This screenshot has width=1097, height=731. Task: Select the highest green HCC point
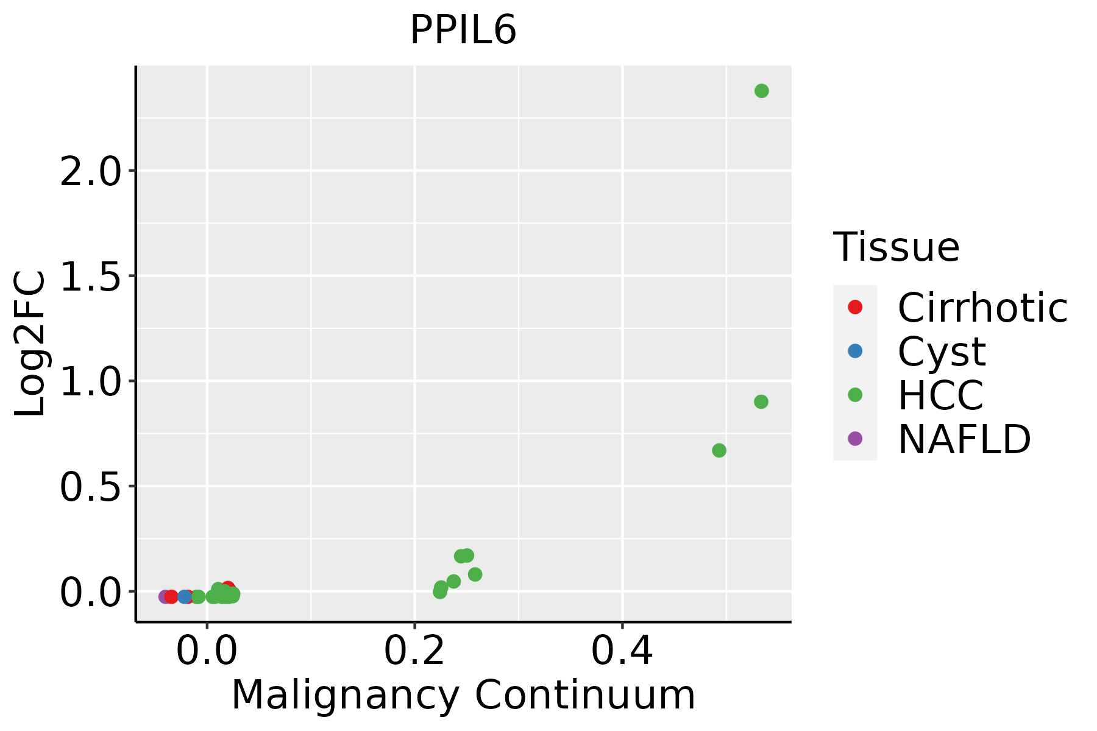tap(761, 91)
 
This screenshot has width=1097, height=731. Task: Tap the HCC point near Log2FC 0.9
tap(761, 401)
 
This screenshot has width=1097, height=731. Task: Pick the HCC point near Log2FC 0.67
tap(719, 450)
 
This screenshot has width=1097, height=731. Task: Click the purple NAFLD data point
tap(165, 596)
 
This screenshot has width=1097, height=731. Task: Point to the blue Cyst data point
tap(185, 596)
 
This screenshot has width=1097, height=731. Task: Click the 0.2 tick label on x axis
tap(414, 651)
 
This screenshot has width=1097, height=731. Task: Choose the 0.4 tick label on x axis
tap(622, 651)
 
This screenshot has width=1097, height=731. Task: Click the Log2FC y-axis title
tap(30, 344)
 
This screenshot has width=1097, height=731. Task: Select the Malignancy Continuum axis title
tap(463, 695)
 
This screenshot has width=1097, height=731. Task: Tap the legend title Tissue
tap(896, 247)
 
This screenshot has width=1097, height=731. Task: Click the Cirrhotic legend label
tap(982, 308)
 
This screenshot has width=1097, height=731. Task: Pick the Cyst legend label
tap(942, 351)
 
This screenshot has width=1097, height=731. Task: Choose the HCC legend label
tap(940, 395)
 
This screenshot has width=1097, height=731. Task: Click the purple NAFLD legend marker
tap(855, 439)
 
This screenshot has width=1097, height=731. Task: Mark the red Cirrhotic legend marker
tap(855, 307)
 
